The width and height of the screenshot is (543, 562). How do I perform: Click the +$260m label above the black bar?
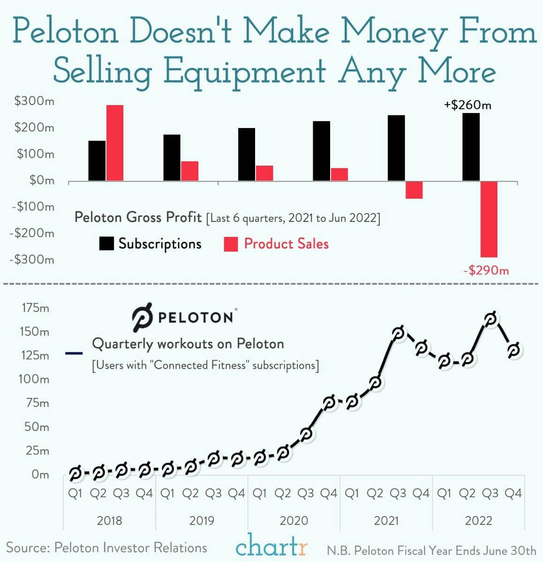468,105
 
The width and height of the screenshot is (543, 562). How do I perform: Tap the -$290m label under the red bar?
486,271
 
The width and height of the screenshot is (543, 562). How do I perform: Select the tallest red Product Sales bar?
114,143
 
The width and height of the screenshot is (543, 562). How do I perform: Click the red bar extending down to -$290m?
489,219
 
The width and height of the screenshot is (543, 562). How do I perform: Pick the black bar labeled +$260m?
471,147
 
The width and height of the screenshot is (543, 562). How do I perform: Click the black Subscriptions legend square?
106,244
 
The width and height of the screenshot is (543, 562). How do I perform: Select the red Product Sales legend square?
231,244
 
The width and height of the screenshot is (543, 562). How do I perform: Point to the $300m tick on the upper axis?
34,101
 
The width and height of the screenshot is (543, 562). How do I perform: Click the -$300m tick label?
32,259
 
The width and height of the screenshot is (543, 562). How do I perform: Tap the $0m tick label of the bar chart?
42,180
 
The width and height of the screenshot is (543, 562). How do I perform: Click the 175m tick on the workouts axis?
35,308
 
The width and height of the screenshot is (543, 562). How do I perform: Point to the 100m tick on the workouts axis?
33,379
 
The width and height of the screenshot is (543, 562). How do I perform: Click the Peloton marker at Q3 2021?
398,334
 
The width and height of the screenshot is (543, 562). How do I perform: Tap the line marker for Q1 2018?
75,473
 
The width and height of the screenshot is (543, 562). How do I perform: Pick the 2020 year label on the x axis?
294,521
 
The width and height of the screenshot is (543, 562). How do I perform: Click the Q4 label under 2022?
513,494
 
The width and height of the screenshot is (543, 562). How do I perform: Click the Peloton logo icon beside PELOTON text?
142,317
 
